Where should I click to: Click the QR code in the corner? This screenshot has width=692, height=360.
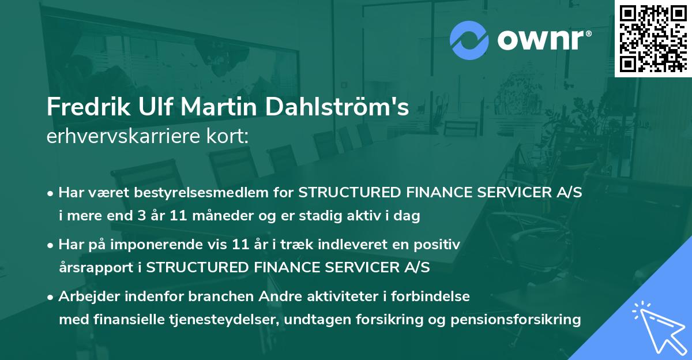pos(653,39)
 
